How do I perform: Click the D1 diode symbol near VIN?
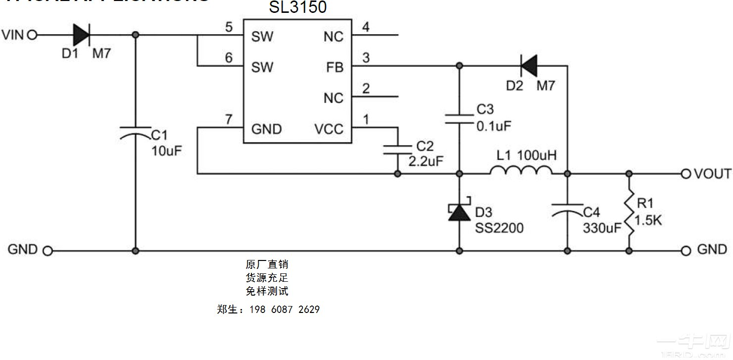[x=81, y=35]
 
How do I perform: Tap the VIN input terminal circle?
[x=33, y=35]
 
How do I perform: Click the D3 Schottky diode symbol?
[x=459, y=211]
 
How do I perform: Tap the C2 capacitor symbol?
[x=397, y=150]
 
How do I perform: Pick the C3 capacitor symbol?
[x=459, y=119]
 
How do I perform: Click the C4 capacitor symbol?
[x=567, y=208]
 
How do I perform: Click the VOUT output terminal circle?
[x=685, y=174]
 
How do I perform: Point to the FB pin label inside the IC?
[x=335, y=67]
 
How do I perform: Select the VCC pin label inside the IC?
[x=329, y=129]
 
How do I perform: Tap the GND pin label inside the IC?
[x=266, y=129]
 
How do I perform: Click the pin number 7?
[x=228, y=119]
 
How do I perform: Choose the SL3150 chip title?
[x=297, y=7]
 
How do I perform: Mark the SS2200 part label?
[x=499, y=228]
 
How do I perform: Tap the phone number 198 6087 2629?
[x=285, y=309]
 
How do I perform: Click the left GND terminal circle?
[x=48, y=251]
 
